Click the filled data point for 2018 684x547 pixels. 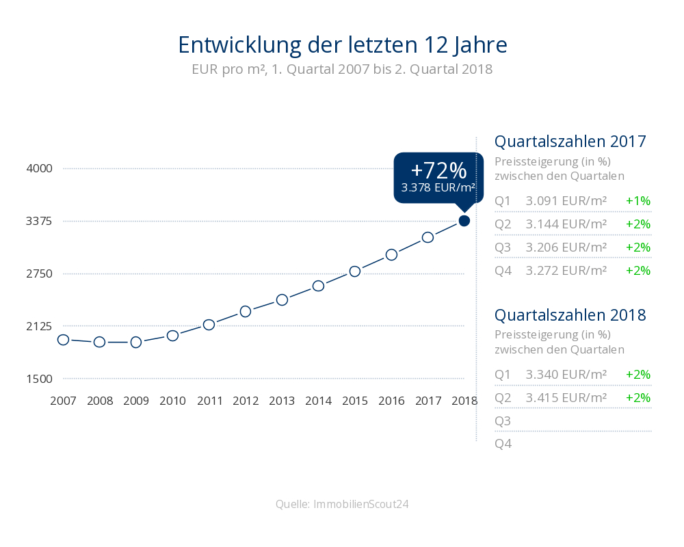click(x=464, y=220)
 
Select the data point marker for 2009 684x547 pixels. click(x=136, y=342)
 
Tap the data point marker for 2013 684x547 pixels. click(x=282, y=299)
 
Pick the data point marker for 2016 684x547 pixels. click(x=391, y=254)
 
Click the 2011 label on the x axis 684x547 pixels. click(x=209, y=401)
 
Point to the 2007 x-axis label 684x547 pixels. click(x=63, y=401)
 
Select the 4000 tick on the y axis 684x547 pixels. click(x=38, y=168)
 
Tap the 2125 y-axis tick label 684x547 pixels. click(x=38, y=326)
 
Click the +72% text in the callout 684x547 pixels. click(x=438, y=170)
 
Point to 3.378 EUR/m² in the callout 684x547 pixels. click(x=438, y=188)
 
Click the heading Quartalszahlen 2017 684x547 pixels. click(x=570, y=142)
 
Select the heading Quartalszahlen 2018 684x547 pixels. click(x=570, y=315)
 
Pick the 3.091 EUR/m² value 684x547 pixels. click(x=566, y=201)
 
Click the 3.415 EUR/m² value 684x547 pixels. click(x=566, y=398)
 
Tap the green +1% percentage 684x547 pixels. click(x=637, y=201)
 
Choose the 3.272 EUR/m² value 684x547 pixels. click(x=566, y=270)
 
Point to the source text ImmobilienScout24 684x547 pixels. click(x=361, y=505)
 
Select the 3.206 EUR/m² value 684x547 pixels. click(x=566, y=247)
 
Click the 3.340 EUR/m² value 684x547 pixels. click(x=566, y=375)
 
